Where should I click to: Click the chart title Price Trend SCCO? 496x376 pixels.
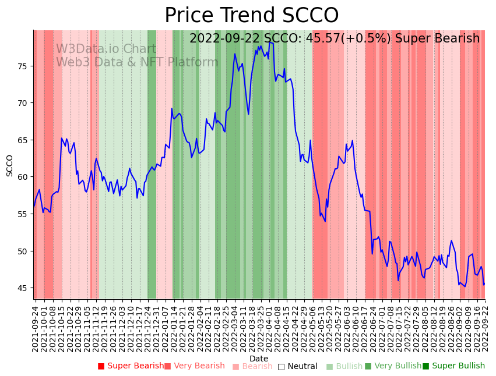[251, 16]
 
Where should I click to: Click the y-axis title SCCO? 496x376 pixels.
[10, 165]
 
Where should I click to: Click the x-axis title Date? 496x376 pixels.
[259, 359]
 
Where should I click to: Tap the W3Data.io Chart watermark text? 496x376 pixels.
[106, 49]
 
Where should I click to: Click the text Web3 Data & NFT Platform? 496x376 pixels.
[137, 62]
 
